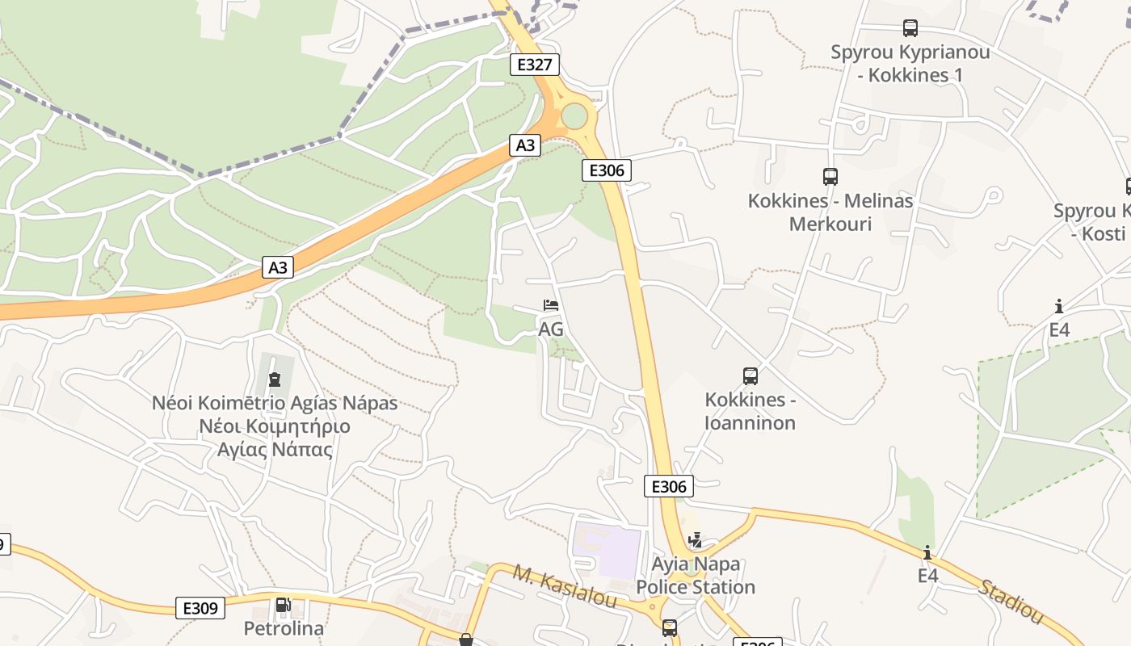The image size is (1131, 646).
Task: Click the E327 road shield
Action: (534, 65)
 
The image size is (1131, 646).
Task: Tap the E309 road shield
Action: (200, 608)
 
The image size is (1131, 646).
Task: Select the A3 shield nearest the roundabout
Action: (525, 145)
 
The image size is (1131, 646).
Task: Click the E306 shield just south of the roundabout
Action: (606, 170)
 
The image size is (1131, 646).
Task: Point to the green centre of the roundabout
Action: (574, 116)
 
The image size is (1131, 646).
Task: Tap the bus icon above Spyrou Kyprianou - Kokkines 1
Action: (910, 28)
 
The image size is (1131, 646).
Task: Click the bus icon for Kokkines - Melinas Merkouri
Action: (830, 176)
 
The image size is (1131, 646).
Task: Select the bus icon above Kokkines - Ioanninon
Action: (750, 375)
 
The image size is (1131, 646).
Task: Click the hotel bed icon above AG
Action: (551, 305)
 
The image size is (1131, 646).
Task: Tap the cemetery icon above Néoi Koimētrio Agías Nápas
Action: (275, 379)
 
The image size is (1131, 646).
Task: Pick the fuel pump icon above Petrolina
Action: (283, 605)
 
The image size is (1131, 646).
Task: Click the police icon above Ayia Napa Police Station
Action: (695, 539)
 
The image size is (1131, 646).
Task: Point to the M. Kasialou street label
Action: (565, 587)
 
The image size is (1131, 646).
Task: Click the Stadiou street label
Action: (1011, 601)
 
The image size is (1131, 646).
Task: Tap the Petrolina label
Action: (284, 628)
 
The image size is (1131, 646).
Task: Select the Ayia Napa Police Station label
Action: (696, 575)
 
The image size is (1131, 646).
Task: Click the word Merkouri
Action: (830, 224)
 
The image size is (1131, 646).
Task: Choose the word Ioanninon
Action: (750, 422)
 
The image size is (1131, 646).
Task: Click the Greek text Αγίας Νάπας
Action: (275, 450)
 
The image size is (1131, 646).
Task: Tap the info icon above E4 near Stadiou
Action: (927, 552)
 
